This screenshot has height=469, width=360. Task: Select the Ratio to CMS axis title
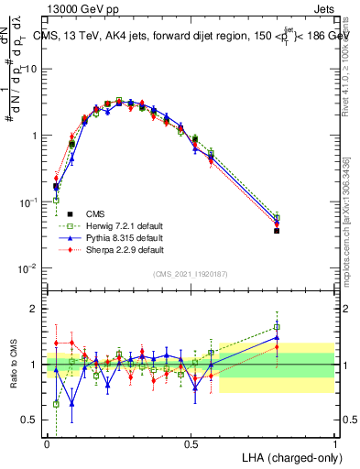[12, 365]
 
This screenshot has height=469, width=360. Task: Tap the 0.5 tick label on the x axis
[191, 443]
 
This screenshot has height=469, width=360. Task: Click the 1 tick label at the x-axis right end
[334, 443]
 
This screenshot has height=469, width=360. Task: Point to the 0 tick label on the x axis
[47, 443]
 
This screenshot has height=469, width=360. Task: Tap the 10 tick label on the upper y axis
[29, 69]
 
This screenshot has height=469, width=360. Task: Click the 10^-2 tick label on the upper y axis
[28, 268]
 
